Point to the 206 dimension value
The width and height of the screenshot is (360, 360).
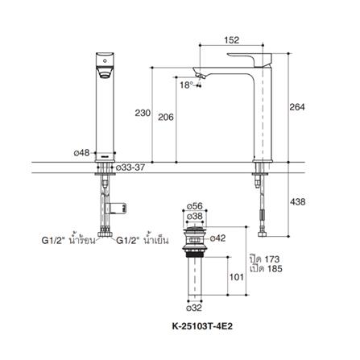point(166,117)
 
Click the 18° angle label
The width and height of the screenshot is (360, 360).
point(186,84)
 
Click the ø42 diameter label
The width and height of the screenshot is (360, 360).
point(219,238)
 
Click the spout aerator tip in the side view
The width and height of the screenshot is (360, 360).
point(201,75)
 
